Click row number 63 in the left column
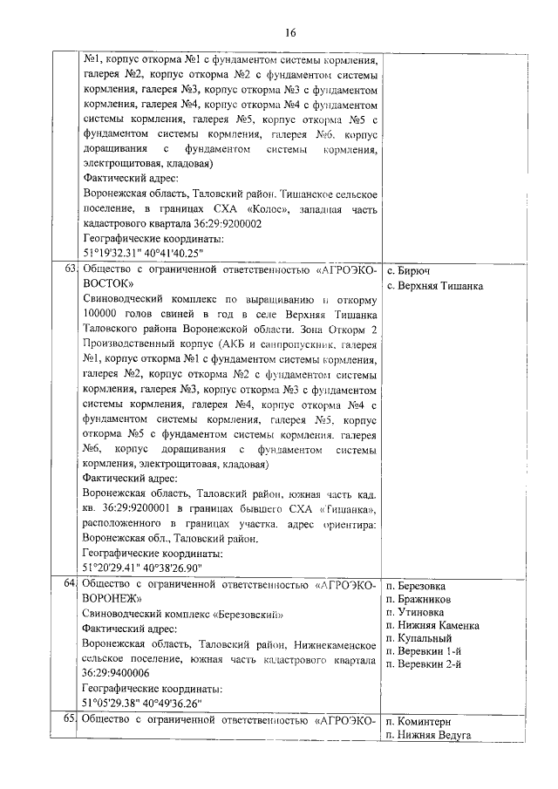point(67,269)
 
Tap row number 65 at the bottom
point(67,721)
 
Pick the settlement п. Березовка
point(415,584)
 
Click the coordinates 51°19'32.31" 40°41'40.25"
point(141,252)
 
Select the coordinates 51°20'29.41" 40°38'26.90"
point(141,566)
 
